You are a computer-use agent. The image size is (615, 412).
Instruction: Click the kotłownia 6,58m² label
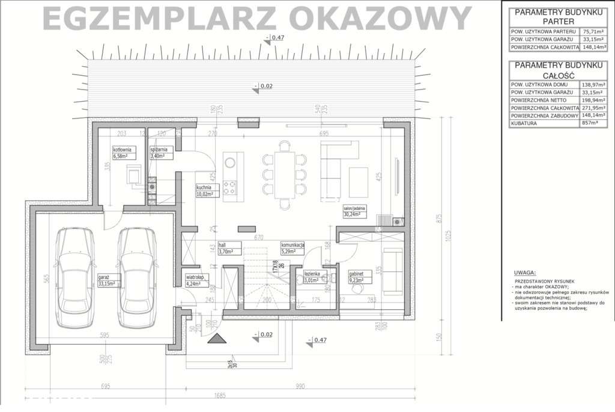coord(124,152)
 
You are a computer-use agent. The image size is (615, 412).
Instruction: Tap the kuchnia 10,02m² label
coord(207,191)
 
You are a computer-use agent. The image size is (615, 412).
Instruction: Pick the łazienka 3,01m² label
coord(315,276)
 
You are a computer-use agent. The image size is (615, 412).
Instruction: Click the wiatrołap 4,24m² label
coord(195,281)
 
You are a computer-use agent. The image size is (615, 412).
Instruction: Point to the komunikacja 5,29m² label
coord(293,248)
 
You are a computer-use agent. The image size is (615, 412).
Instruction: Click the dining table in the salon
coord(285,174)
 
